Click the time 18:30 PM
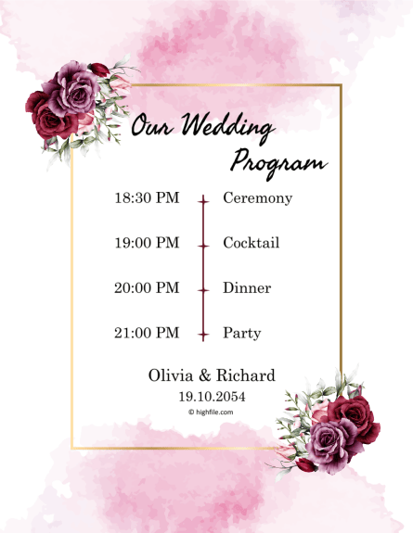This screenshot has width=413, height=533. (x=147, y=198)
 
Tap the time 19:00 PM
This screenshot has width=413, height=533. (x=147, y=243)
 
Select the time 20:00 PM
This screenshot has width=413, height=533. (x=147, y=288)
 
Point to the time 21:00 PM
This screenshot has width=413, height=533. (x=147, y=333)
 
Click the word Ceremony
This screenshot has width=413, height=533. (x=257, y=198)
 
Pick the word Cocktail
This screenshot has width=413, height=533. (x=251, y=243)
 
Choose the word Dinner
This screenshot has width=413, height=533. (x=247, y=288)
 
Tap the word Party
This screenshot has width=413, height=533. (x=241, y=334)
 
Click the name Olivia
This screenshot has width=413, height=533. (x=171, y=375)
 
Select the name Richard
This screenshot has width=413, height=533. (x=246, y=375)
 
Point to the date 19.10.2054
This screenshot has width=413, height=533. (x=212, y=396)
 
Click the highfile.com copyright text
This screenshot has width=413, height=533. (x=211, y=412)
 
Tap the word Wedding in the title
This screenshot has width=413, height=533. (x=227, y=127)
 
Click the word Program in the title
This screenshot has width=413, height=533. (x=277, y=162)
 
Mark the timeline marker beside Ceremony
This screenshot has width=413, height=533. (x=203, y=199)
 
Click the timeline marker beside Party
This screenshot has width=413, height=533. (x=203, y=334)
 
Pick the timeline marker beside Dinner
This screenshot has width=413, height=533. (x=203, y=289)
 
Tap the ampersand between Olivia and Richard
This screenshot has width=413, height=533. (x=206, y=375)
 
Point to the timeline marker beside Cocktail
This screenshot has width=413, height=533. (x=203, y=245)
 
